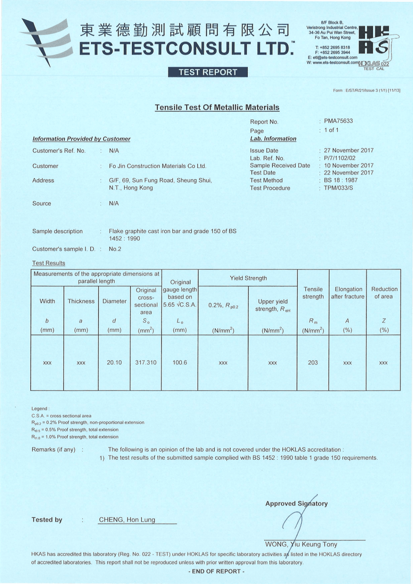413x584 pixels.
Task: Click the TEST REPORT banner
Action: point(207,72)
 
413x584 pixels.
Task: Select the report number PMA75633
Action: point(338,121)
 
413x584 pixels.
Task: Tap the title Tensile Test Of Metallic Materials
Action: point(217,107)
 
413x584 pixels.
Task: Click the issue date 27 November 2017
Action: point(348,150)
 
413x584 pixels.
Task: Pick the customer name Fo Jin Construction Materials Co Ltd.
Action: point(157,166)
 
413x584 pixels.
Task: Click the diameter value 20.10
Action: point(114,363)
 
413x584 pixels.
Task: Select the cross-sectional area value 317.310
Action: point(146,363)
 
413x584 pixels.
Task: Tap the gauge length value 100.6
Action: point(180,363)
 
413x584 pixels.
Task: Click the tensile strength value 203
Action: point(313,363)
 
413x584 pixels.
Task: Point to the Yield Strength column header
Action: point(248,278)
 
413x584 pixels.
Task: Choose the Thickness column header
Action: point(81,301)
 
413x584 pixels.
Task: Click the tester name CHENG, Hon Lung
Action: point(127,520)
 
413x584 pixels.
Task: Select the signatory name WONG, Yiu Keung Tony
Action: point(301,544)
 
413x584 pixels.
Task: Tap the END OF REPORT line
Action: point(217,571)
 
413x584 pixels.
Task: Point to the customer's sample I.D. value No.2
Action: point(115,249)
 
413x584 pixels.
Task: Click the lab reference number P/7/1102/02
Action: point(340,158)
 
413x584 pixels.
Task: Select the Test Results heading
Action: point(48,263)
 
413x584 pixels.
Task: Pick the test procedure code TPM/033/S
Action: point(338,188)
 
